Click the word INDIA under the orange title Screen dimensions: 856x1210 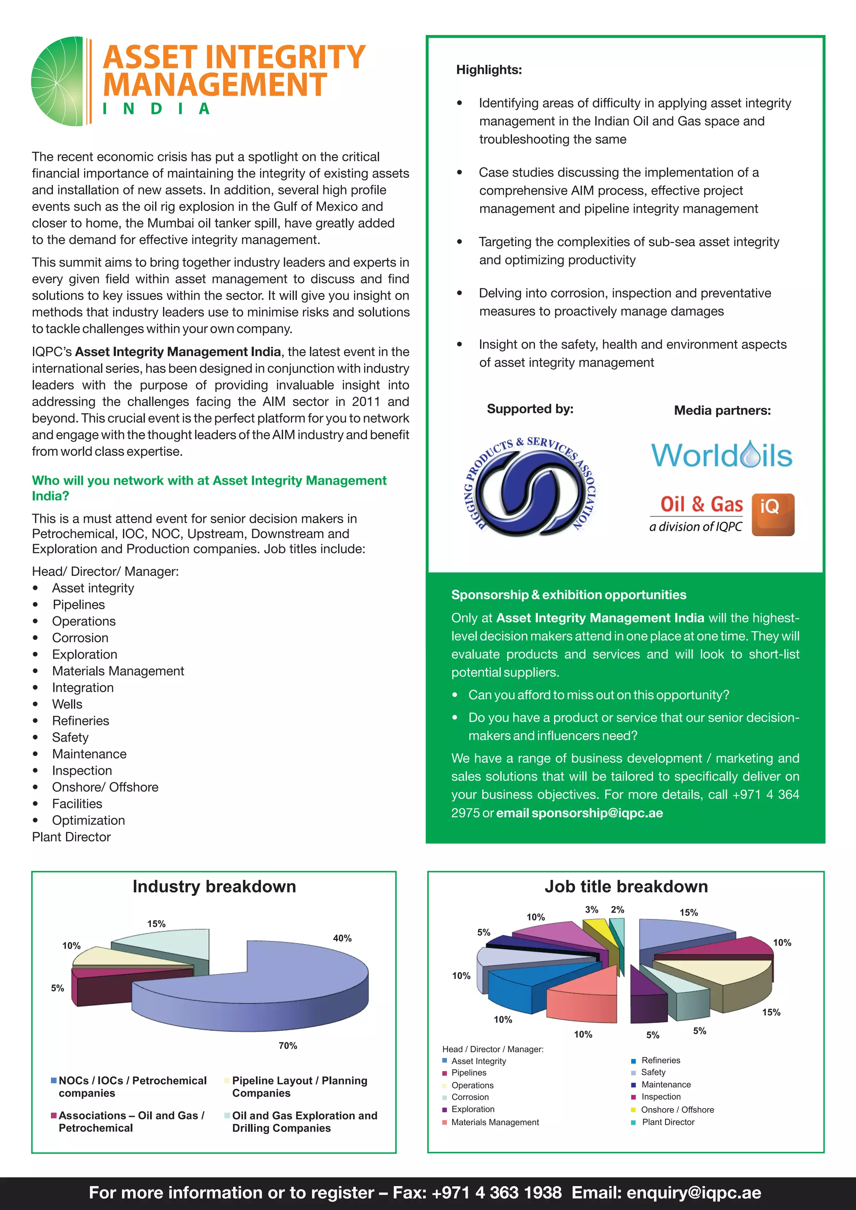(x=156, y=109)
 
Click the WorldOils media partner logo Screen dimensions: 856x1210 (x=721, y=455)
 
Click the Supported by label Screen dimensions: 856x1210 (x=530, y=409)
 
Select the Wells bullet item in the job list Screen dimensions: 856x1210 (x=67, y=704)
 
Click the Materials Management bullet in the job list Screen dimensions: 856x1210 (x=117, y=671)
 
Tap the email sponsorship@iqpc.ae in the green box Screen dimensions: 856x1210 (x=597, y=813)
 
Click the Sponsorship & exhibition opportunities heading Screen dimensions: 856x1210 (x=568, y=595)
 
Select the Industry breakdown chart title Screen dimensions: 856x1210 (x=214, y=887)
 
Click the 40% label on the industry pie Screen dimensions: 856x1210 (x=342, y=938)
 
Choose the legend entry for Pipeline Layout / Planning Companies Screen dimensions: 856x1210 (x=299, y=1086)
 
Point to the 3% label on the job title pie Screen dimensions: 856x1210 (x=591, y=910)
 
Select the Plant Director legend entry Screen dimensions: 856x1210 (x=667, y=1122)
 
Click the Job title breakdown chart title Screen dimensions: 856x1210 (x=626, y=887)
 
